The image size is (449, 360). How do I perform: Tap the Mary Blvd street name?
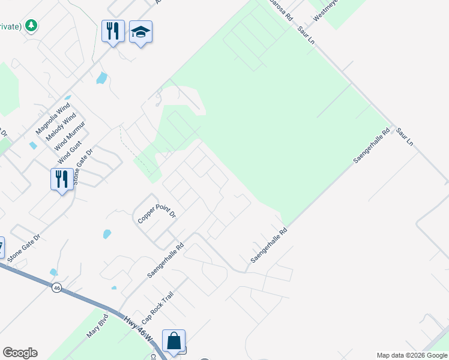97,328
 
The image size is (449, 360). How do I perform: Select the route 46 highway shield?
56,288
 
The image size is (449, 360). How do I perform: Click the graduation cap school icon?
140,32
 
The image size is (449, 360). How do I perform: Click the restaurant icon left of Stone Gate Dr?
62,179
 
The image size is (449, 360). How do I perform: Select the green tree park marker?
32,25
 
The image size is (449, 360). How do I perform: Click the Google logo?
20,353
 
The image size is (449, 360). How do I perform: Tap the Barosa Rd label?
281,8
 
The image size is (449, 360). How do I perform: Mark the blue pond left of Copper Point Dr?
107,234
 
